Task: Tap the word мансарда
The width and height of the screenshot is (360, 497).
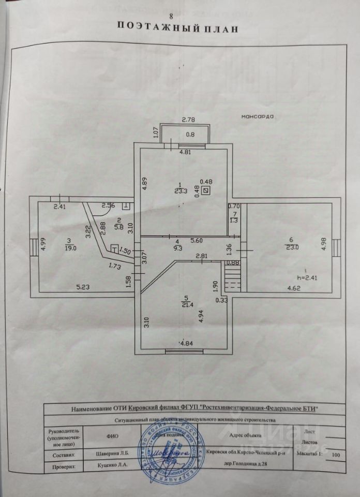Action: [257, 116]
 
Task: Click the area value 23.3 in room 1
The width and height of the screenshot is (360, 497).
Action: [181, 190]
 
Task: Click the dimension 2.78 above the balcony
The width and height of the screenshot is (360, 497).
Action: [188, 120]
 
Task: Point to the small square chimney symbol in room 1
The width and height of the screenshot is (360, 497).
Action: [206, 191]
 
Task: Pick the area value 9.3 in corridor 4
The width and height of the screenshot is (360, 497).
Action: [177, 248]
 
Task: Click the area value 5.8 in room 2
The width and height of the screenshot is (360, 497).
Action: [118, 226]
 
